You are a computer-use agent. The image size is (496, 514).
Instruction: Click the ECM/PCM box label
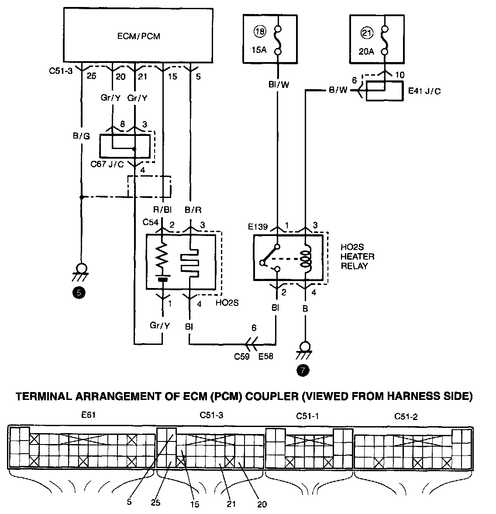[x=138, y=36]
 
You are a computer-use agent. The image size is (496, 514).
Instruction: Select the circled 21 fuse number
[x=366, y=31]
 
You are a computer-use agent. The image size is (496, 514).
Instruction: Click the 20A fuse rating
[x=365, y=51]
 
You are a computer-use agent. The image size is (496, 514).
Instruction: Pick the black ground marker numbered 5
[x=79, y=293]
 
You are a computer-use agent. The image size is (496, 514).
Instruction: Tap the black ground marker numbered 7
[x=302, y=370]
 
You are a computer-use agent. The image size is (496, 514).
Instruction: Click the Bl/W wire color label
[x=278, y=85]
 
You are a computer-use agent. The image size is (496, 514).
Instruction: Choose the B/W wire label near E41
[x=339, y=91]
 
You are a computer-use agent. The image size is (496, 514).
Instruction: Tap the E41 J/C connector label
[x=424, y=91]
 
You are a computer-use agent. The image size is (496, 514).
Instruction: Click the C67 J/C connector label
[x=107, y=164]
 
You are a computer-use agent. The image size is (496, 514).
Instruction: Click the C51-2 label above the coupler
[x=406, y=417]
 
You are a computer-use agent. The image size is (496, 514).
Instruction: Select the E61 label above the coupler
[x=88, y=415]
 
